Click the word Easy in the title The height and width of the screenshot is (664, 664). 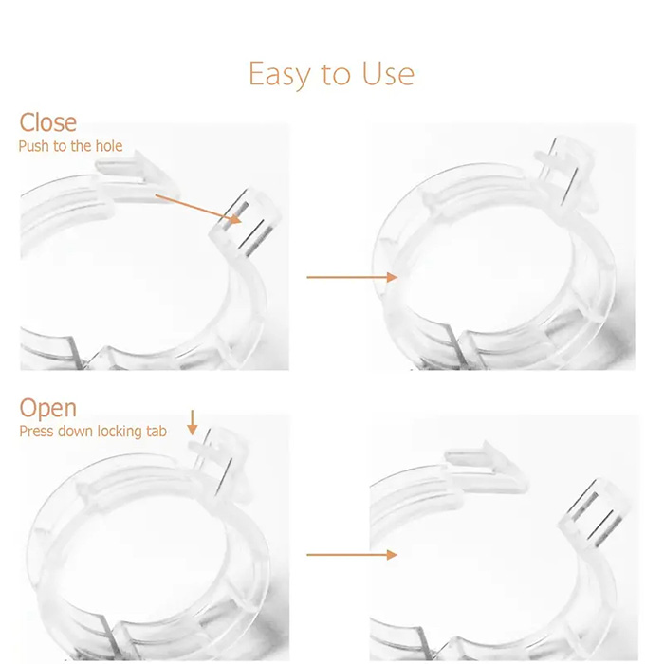click(280, 75)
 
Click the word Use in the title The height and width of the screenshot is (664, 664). click(388, 74)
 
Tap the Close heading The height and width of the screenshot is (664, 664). click(47, 122)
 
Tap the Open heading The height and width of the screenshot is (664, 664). click(47, 409)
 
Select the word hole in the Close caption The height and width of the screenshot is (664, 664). click(109, 146)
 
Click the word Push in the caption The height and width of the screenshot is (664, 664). click(34, 146)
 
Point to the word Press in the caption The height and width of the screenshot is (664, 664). click(36, 431)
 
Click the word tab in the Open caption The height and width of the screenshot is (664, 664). click(157, 431)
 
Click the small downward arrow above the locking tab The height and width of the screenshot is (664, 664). click(193, 422)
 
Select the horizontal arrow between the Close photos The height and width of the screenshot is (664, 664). click(352, 277)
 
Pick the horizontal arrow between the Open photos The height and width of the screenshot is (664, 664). click(352, 555)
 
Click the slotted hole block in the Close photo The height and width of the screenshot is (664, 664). click(247, 222)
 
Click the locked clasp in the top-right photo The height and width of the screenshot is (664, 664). click(565, 172)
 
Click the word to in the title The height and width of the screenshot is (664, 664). click(336, 75)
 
